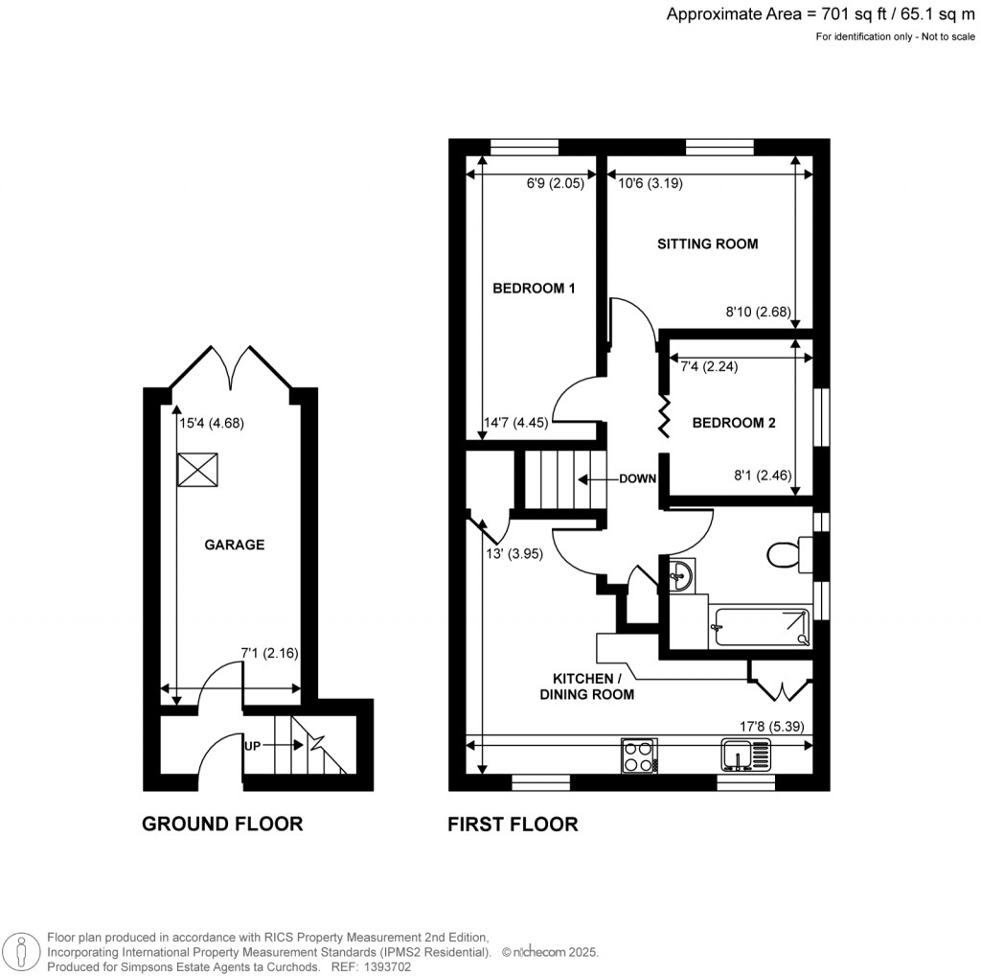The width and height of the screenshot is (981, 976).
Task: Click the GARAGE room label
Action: (234, 545)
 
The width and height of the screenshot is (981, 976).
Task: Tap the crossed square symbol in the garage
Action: (194, 470)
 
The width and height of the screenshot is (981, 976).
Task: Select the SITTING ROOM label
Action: (707, 244)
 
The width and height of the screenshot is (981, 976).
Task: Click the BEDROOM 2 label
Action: (733, 422)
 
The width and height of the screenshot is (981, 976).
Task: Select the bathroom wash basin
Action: (681, 575)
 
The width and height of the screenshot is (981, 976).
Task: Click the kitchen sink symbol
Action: (740, 755)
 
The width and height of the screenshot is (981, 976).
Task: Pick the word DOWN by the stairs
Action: (637, 479)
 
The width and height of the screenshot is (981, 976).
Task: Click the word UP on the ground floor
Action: (250, 744)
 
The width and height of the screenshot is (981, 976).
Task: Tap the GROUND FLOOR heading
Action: (222, 824)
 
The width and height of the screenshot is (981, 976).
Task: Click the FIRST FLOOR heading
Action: (513, 824)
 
